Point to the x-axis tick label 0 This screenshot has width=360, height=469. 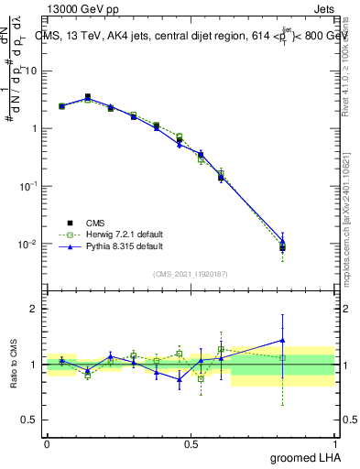click(47, 443)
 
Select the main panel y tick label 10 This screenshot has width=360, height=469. click(29, 71)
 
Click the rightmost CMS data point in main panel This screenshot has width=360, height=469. click(282, 247)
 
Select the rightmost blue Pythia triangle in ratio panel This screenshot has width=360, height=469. click(282, 340)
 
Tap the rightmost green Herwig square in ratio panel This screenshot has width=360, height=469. click(282, 358)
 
